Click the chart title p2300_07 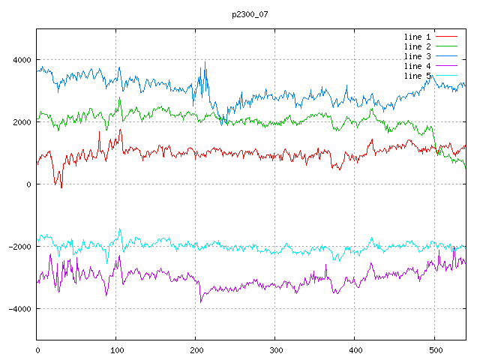pyautogui.click(x=250, y=14)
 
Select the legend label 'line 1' pyautogui.click(x=417, y=37)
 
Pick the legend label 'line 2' pyautogui.click(x=417, y=46)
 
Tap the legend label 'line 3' pyautogui.click(x=417, y=56)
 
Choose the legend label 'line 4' pyautogui.click(x=417, y=66)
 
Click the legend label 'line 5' pyautogui.click(x=417, y=76)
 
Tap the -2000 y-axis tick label pyautogui.click(x=19, y=247)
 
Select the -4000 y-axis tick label pyautogui.click(x=19, y=309)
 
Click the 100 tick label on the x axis pyautogui.click(x=116, y=349)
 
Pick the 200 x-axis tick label pyautogui.click(x=196, y=349)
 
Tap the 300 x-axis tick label pyautogui.click(x=275, y=349)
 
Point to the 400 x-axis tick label pyautogui.click(x=355, y=349)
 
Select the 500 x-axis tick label pyautogui.click(x=434, y=349)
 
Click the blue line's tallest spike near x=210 pyautogui.click(x=205, y=62)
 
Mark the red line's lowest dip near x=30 pyautogui.click(x=61, y=187)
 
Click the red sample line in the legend pyautogui.click(x=446, y=37)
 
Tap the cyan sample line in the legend pyautogui.click(x=446, y=76)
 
